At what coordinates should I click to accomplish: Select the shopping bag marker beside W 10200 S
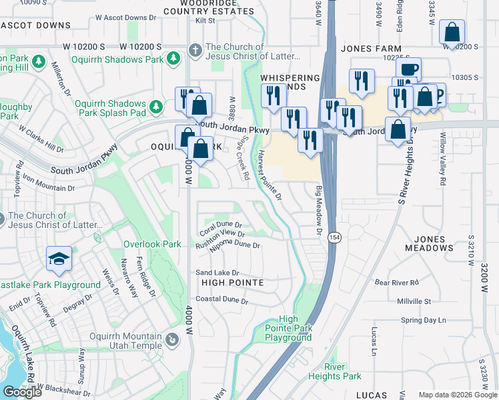tap(452, 33)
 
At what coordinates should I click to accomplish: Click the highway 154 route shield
tap(334, 237)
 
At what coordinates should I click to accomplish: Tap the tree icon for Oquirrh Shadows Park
tap(173, 59)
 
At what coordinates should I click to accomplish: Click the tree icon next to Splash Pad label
tap(156, 106)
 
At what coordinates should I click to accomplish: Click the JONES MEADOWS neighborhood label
tap(429, 243)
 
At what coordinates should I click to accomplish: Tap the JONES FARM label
tap(371, 49)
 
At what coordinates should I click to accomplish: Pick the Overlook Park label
tap(152, 245)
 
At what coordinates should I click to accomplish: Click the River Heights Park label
tap(334, 371)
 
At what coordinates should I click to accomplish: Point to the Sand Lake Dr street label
tap(217, 273)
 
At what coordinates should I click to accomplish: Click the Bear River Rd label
tap(396, 283)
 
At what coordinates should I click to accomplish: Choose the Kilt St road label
tap(205, 21)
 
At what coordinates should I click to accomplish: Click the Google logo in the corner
tap(22, 392)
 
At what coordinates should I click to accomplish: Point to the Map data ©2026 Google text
tap(457, 395)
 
